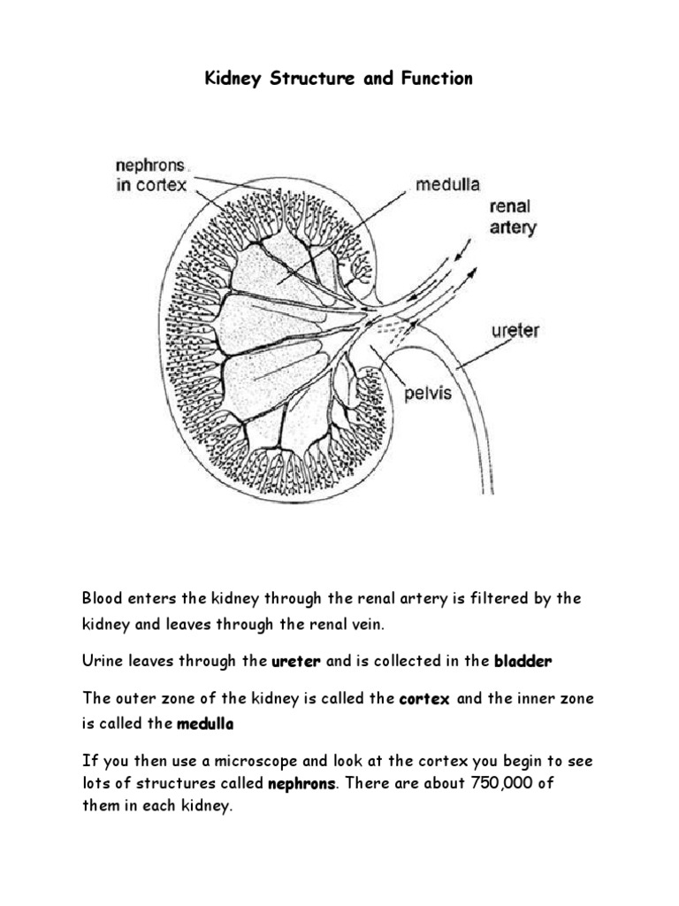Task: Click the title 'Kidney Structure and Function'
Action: (x=339, y=80)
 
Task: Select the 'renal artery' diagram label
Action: (x=512, y=218)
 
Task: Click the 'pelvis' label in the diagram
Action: (x=428, y=392)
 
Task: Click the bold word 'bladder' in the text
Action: (x=527, y=661)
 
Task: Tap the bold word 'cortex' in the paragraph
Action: (x=425, y=700)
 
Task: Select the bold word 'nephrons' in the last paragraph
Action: (x=301, y=784)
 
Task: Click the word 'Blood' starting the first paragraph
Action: (x=101, y=599)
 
